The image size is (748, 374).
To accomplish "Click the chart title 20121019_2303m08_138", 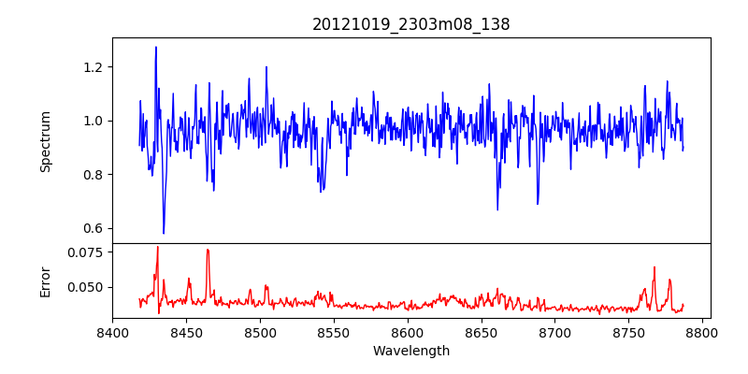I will point(411,24).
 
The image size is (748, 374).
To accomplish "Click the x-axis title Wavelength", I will point(411,351).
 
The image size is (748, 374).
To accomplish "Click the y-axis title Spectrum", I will point(46,141).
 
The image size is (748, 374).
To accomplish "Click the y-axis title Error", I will point(46,281).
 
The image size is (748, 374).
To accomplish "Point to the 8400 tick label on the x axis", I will point(112,332).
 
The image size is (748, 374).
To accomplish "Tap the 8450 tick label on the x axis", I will point(186,332).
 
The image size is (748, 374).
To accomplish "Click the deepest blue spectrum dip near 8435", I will point(164,233).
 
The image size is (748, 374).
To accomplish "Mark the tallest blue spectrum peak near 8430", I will point(156,48).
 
